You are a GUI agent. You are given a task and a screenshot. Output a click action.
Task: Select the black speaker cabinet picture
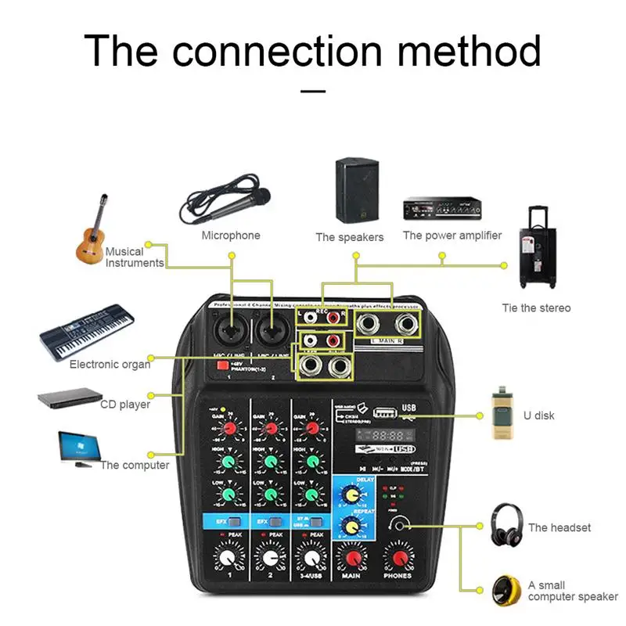pos(357,190)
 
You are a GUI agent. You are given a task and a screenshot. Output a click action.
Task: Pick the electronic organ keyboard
pos(86,332)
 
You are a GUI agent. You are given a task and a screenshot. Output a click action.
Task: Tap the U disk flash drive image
pos(502,415)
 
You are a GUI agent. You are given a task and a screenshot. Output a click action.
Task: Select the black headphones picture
pos(506,525)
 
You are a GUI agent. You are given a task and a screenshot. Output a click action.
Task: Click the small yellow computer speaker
pos(506,591)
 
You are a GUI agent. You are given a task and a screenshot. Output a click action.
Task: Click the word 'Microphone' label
pos(231,236)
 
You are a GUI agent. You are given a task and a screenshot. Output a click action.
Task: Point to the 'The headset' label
pos(559,527)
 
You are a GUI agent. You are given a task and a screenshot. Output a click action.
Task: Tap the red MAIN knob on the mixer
pos(351,557)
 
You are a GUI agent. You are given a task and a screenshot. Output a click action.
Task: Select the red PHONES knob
pos(399,557)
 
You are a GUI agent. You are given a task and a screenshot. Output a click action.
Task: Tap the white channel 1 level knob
pos(227,557)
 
